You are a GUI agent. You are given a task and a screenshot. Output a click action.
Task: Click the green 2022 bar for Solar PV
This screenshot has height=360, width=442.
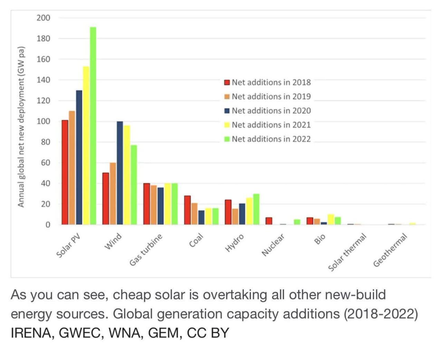(x=93, y=126)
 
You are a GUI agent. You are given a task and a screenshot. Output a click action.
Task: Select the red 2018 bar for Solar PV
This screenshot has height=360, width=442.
(x=65, y=172)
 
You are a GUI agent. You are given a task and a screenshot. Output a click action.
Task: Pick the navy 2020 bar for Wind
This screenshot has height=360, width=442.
(x=120, y=173)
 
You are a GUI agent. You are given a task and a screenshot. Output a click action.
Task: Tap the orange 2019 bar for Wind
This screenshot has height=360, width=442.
(x=113, y=194)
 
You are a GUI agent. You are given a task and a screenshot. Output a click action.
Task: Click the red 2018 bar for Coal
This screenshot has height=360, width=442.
(x=188, y=210)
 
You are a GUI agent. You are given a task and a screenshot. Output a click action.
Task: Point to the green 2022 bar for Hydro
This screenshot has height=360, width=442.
(x=256, y=209)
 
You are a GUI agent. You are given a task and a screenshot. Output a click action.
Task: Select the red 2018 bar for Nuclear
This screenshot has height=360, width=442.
(x=269, y=221)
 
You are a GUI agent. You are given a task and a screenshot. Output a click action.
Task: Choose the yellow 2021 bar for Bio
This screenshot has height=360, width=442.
(x=331, y=220)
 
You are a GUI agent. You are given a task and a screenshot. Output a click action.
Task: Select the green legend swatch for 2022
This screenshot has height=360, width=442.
(x=227, y=139)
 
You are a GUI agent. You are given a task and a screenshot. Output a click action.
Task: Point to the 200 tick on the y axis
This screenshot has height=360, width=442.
(x=44, y=18)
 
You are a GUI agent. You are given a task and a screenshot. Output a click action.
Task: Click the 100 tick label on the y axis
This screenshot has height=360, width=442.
(x=44, y=121)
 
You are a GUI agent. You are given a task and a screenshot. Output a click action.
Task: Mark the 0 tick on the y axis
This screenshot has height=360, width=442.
(x=48, y=225)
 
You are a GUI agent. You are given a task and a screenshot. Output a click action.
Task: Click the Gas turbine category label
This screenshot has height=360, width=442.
(x=146, y=250)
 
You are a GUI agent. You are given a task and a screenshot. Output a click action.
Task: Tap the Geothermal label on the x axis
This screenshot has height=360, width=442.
(x=390, y=250)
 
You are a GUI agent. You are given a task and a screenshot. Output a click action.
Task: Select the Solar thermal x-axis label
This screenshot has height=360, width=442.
(x=347, y=252)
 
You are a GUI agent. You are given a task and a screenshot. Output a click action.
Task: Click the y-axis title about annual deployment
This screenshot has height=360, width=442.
(x=21, y=126)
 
